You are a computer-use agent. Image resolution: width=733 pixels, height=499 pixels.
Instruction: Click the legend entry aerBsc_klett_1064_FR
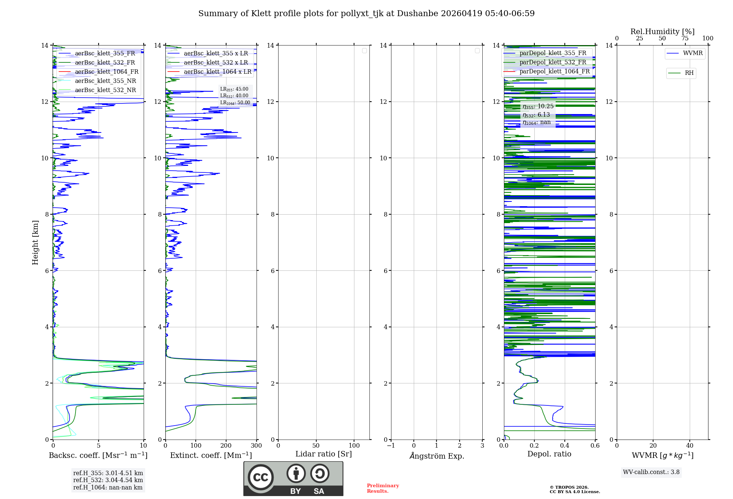pos(106,72)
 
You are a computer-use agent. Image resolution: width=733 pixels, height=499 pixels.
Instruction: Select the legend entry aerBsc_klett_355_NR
pos(105,81)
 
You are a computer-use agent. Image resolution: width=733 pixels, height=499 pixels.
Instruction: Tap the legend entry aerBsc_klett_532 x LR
pos(216,63)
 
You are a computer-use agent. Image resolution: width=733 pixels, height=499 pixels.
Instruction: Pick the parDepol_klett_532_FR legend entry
pos(553,62)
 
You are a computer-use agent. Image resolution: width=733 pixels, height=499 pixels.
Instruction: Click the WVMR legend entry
pos(692,53)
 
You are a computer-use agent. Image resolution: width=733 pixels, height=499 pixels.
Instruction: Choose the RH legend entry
pos(689,73)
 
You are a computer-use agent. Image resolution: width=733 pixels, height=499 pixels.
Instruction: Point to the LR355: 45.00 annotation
pos(234,89)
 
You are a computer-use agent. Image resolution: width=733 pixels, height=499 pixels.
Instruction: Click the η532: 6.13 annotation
pos(537,115)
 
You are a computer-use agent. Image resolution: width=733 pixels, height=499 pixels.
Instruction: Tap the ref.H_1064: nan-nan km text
pos(108,487)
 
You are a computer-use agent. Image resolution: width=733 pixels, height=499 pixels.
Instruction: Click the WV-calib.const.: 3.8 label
pos(651,472)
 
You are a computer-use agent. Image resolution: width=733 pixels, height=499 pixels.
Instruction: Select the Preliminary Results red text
pos(383,488)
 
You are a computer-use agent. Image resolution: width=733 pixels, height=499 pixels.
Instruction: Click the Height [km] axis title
pos(35,243)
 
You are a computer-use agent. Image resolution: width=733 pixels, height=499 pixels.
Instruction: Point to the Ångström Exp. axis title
pos(437,456)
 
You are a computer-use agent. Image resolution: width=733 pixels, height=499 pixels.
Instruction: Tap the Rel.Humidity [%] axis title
pos(662,32)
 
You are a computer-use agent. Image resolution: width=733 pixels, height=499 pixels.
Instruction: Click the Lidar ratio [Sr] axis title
pos(324,454)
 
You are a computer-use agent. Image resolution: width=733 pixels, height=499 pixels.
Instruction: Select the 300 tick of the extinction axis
pos(256,446)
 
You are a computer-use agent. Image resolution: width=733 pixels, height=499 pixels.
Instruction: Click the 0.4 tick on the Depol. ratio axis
pos(565,446)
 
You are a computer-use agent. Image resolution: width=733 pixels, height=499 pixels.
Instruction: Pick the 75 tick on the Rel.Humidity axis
pos(685,39)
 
